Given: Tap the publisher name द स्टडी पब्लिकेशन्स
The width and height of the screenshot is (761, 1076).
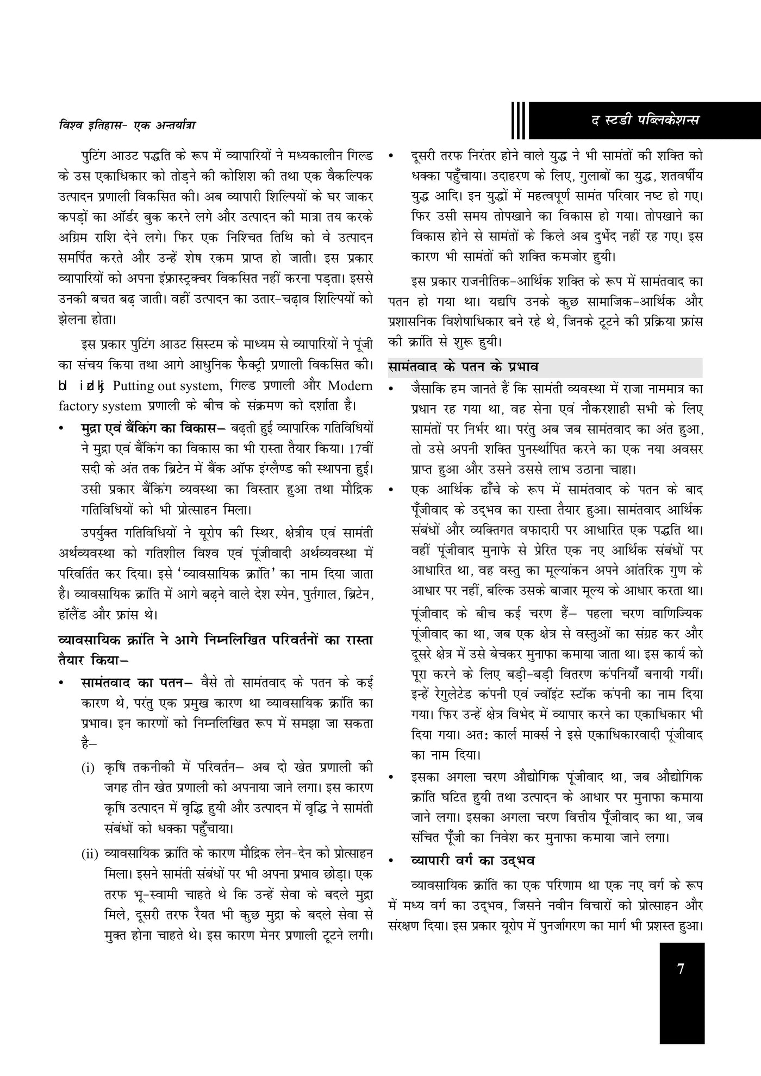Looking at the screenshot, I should click(646, 120).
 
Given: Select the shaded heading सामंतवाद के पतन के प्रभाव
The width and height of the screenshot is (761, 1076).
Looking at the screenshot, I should click(463, 367).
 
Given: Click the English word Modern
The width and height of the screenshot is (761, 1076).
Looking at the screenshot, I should click(350, 386).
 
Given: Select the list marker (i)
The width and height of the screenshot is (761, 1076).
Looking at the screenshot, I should click(89, 768).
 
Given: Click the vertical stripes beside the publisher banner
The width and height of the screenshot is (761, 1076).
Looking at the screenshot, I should click(519, 120).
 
